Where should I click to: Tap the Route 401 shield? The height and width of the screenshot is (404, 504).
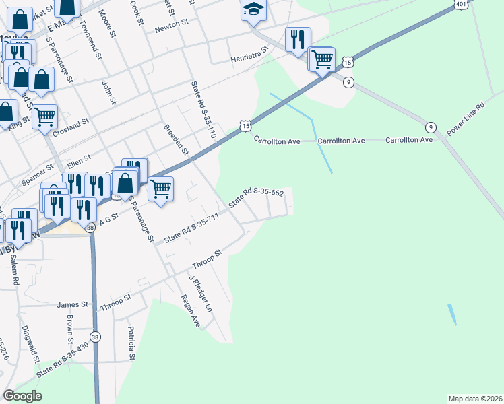461,5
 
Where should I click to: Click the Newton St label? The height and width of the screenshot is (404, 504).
170,24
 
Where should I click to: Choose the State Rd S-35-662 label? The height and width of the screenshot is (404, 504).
255,198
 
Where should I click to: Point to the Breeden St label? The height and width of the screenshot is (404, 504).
177,139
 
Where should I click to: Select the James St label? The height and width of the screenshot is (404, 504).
73,305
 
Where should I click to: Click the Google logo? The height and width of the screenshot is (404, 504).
22,396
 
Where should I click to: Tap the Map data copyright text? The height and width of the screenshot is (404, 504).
475,398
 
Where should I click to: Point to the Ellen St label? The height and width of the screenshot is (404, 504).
79,162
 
